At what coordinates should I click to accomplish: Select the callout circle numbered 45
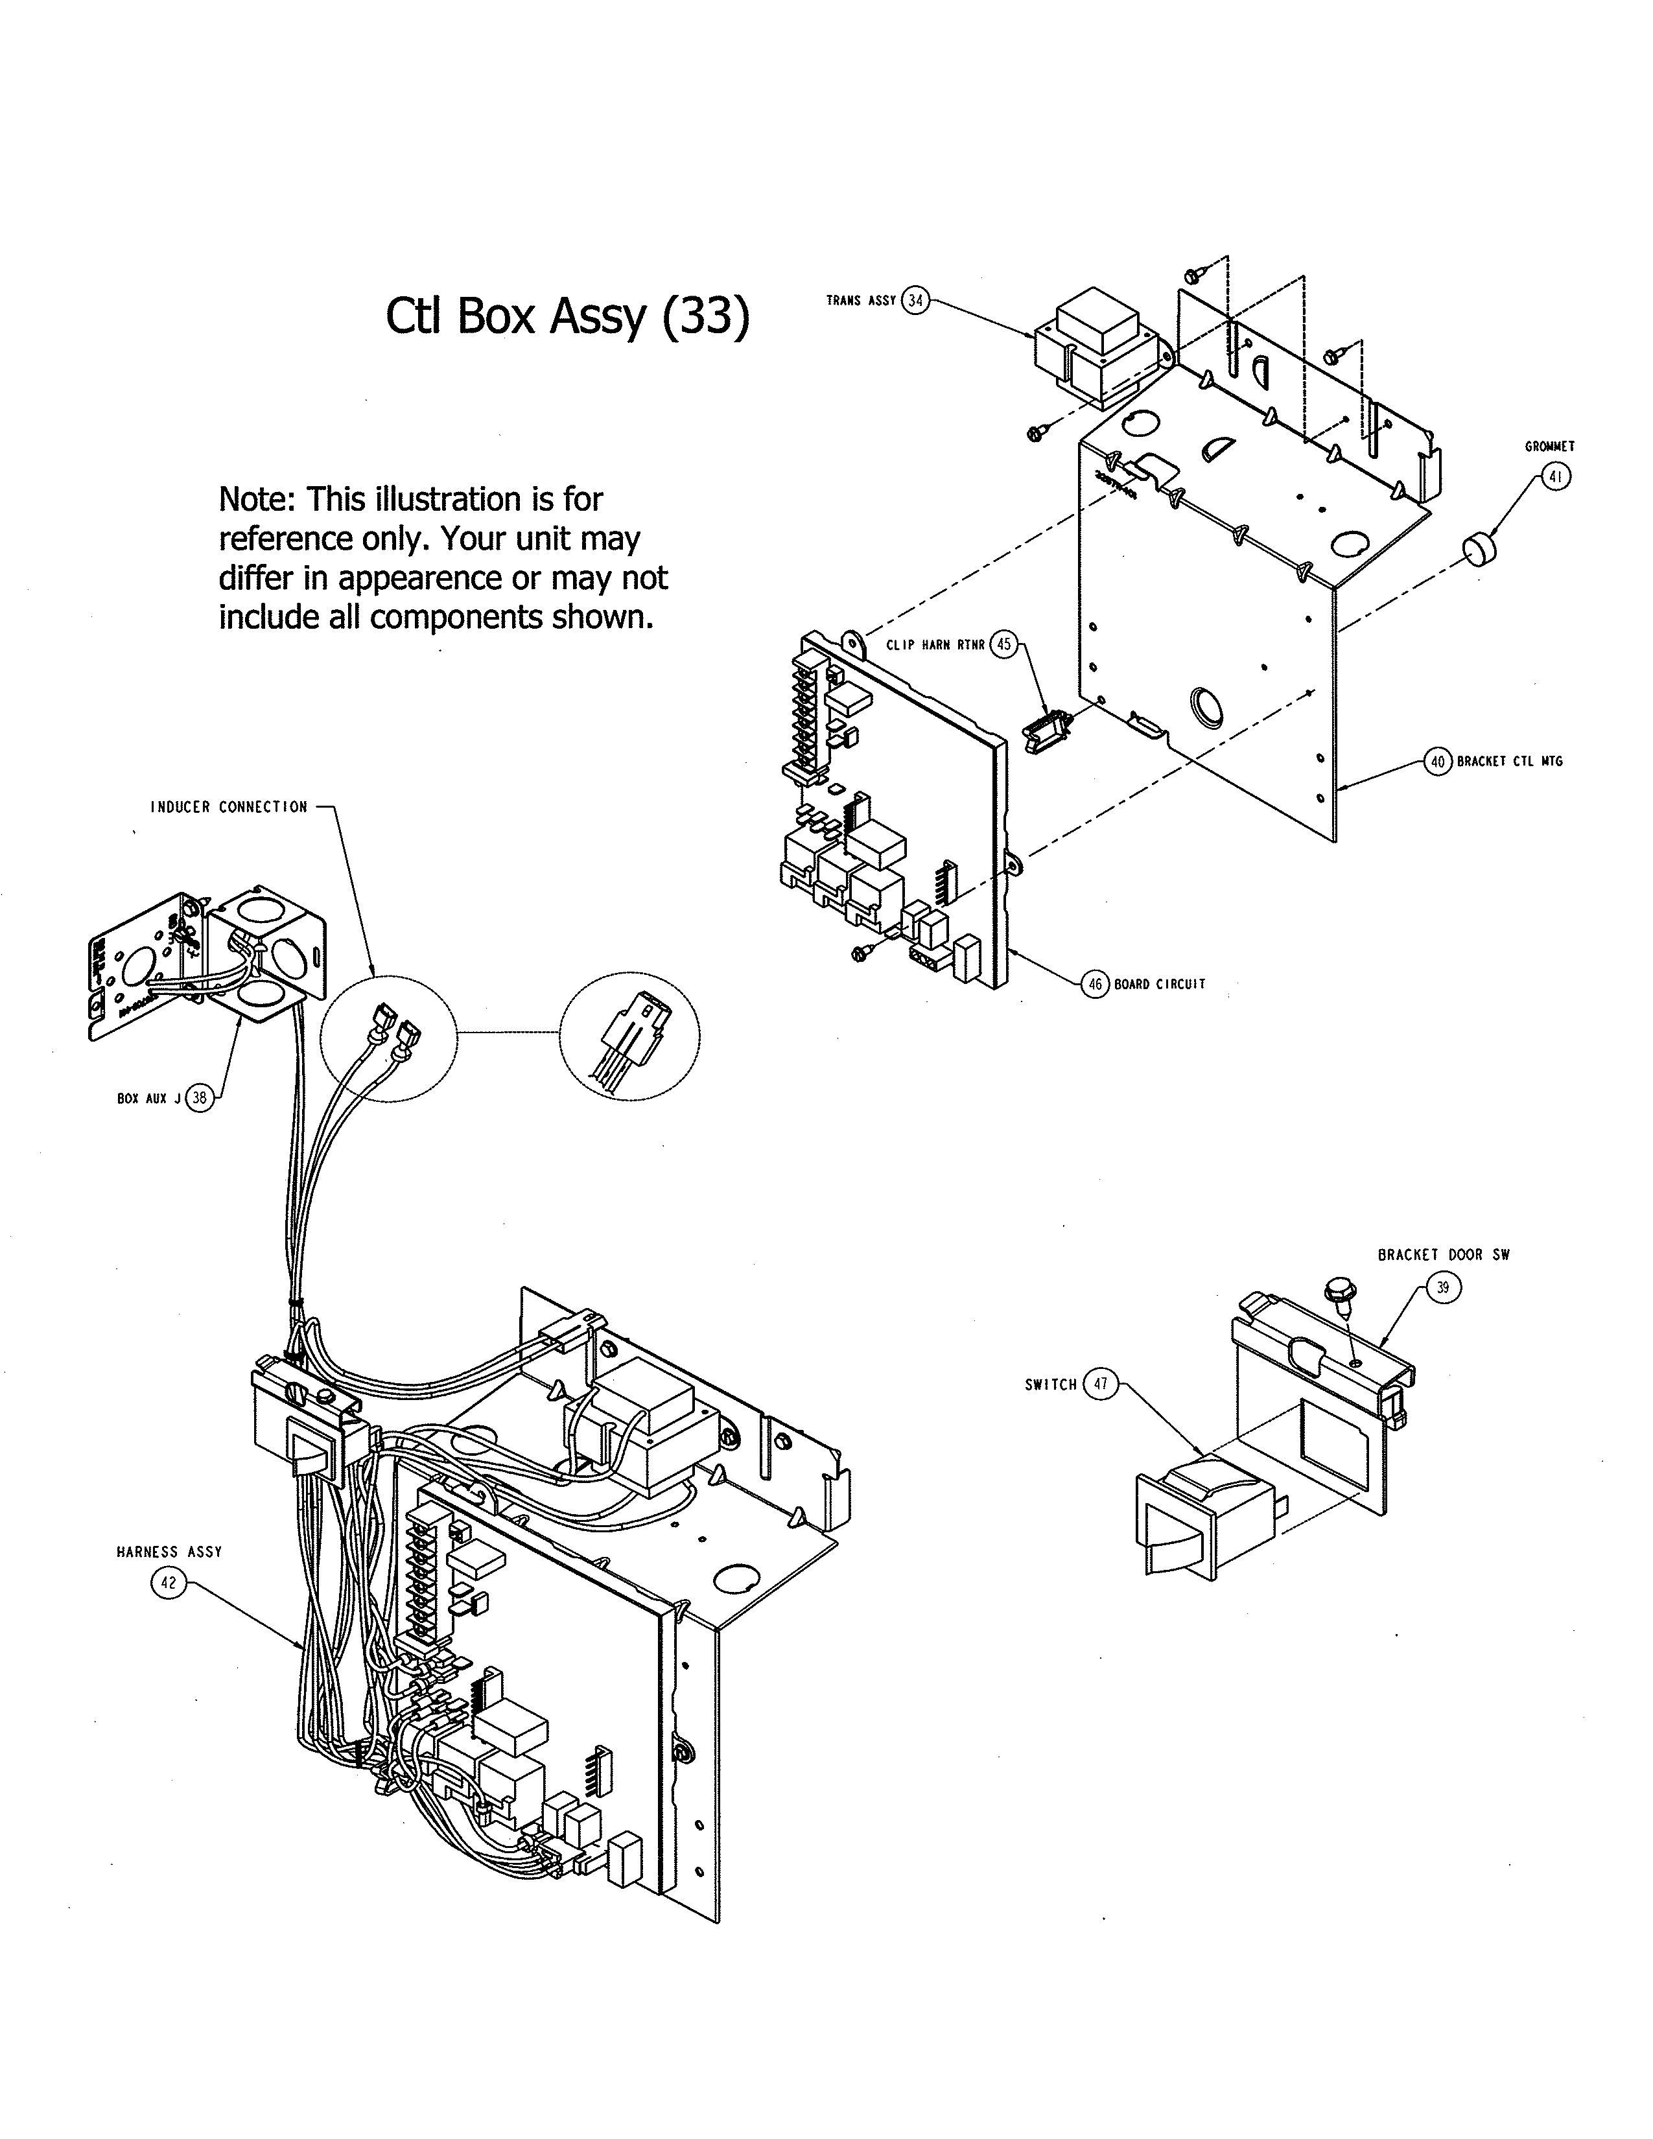coord(1003,644)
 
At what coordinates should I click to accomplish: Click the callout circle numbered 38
coord(200,1098)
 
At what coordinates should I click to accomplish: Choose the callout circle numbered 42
coord(169,1583)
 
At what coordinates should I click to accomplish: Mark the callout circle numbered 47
coord(1101,1384)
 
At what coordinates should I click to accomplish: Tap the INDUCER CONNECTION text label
coord(228,807)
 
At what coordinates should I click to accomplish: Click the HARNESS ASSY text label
coord(169,1551)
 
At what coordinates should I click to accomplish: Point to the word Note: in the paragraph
coord(259,500)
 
